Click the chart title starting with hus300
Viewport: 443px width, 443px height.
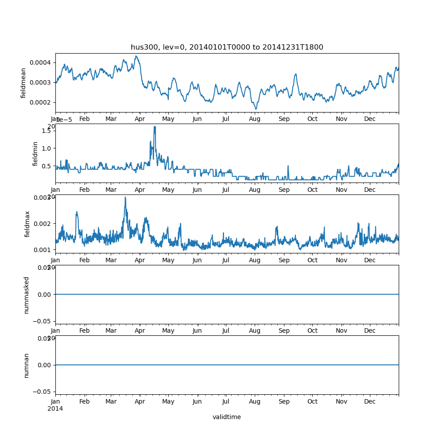227,47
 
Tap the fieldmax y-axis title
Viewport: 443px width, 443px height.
27,224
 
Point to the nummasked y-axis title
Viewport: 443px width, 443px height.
27,295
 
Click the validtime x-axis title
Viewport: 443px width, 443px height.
226,417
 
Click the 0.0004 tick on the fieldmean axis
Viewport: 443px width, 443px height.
40,62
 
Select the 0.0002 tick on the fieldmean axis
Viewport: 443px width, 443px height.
40,102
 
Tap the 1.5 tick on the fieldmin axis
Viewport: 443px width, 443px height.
47,130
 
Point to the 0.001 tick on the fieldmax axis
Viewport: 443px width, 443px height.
43,250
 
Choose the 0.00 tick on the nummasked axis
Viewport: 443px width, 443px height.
44,295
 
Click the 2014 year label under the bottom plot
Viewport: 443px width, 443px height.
55,408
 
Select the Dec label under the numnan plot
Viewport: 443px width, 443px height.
370,402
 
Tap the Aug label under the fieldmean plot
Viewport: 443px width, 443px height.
255,119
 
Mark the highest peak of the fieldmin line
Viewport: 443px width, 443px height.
155,127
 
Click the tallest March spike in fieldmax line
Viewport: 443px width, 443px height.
125,197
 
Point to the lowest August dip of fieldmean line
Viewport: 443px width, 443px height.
256,109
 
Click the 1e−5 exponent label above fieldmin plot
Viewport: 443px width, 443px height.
64,120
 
